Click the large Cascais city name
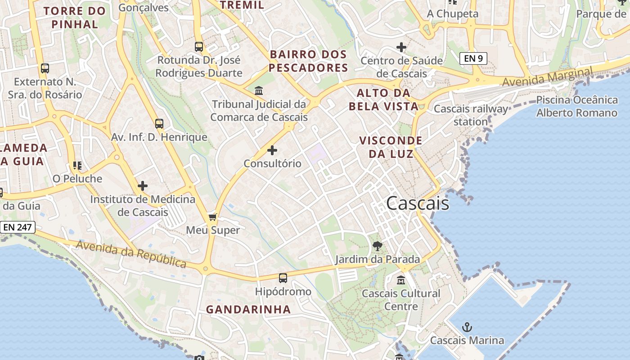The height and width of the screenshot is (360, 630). pos(418,203)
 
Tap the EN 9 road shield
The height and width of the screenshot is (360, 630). pos(473,58)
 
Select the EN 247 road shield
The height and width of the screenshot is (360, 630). pos(18,227)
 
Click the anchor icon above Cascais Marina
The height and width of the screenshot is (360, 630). pos(467,327)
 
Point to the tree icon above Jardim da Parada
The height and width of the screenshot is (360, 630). pos(378,246)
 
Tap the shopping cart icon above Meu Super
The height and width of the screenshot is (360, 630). pos(213,217)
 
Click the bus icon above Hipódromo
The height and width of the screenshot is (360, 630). pos(283,278)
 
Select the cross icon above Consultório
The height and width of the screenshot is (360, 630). pos(272,150)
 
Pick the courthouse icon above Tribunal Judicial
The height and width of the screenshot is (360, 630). pos(259,91)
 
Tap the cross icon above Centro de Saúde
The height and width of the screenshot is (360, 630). pos(401,47)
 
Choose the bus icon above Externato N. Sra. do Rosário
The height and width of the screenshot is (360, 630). pos(45,68)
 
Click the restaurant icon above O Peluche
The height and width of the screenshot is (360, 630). pos(77,166)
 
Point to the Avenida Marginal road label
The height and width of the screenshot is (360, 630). pos(547,77)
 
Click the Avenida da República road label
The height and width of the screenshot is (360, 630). pos(131,253)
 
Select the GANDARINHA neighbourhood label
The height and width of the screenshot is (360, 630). pos(248,310)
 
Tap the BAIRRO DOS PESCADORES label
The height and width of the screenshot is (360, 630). pos(309,61)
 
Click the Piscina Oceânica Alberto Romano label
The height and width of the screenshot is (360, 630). pos(577,106)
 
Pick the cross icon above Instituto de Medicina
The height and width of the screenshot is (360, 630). pos(143,185)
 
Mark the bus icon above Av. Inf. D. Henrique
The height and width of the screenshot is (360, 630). pos(159,124)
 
